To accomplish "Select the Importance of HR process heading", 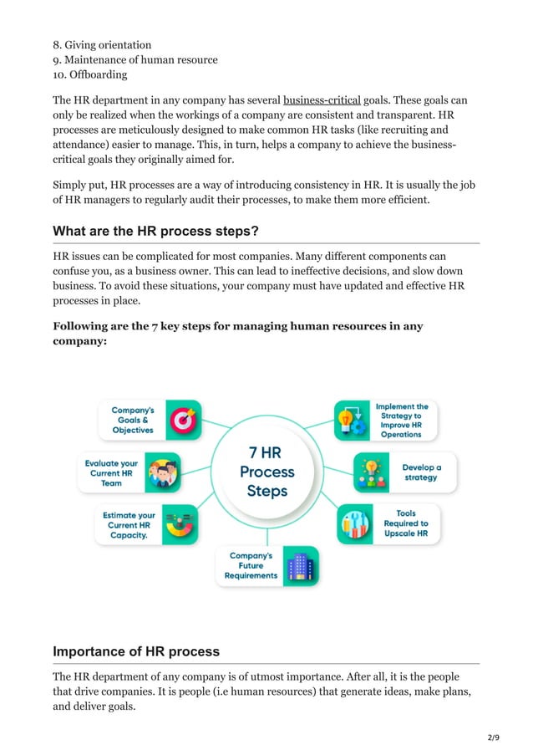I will pyautogui.click(x=136, y=651).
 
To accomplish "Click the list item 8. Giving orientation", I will pyautogui.click(x=102, y=44).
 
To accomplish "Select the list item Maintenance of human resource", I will pyautogui.click(x=135, y=59).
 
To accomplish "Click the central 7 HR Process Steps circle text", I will pyautogui.click(x=266, y=471).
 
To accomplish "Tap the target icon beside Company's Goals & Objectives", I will pyautogui.click(x=183, y=420).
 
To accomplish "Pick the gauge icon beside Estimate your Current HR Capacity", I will pyautogui.click(x=180, y=525).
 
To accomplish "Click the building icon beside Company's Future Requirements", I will pyautogui.click(x=300, y=566).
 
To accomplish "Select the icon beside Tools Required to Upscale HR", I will pyautogui.click(x=355, y=524).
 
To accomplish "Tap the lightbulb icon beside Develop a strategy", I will pyautogui.click(x=372, y=472).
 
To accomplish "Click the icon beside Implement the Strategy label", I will pyautogui.click(x=352, y=421).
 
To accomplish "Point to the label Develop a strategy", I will pyautogui.click(x=420, y=472).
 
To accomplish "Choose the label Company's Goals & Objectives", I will pyautogui.click(x=133, y=420).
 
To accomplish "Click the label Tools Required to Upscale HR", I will pyautogui.click(x=406, y=523).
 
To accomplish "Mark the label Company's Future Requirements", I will pyautogui.click(x=250, y=566).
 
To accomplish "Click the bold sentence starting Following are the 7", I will pyautogui.click(x=237, y=334).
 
